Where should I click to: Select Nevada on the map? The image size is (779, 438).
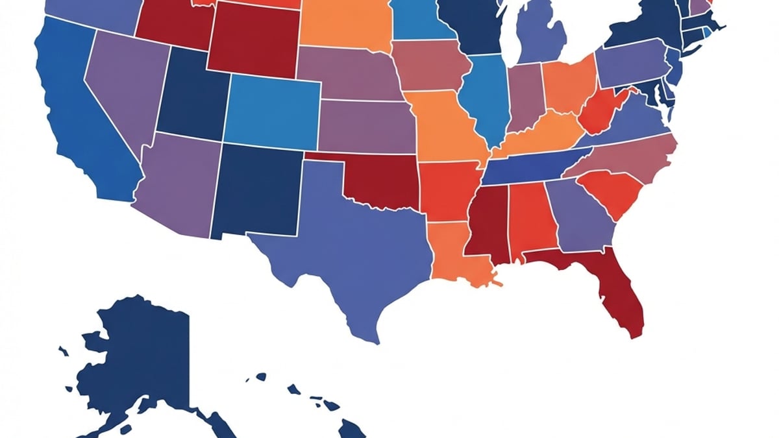(123, 91)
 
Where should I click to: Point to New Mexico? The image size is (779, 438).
(256, 191)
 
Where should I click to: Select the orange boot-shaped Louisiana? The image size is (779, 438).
(454, 253)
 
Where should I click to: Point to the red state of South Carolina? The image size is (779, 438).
(610, 191)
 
